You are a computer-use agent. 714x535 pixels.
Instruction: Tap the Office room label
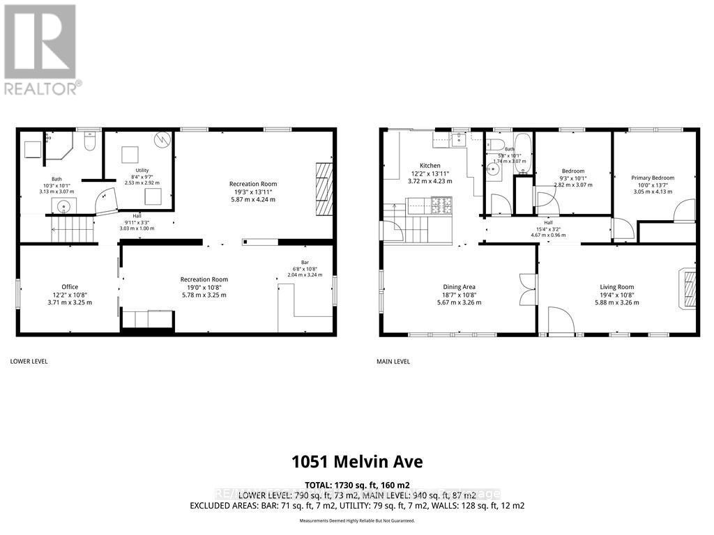click(70, 286)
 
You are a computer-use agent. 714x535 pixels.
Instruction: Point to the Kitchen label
click(430, 166)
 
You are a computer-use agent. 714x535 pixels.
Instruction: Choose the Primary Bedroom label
click(653, 178)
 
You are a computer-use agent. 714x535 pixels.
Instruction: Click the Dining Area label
click(459, 286)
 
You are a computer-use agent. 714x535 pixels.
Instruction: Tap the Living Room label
click(617, 286)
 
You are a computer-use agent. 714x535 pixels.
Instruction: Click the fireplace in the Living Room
click(688, 287)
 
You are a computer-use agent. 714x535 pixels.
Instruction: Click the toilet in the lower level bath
click(89, 143)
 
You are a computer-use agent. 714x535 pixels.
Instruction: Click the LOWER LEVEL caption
click(29, 362)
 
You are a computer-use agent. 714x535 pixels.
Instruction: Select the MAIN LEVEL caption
click(394, 362)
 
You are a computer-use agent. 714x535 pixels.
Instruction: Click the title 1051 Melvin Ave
click(357, 462)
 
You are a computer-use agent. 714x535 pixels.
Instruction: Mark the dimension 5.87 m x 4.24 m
click(252, 199)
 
